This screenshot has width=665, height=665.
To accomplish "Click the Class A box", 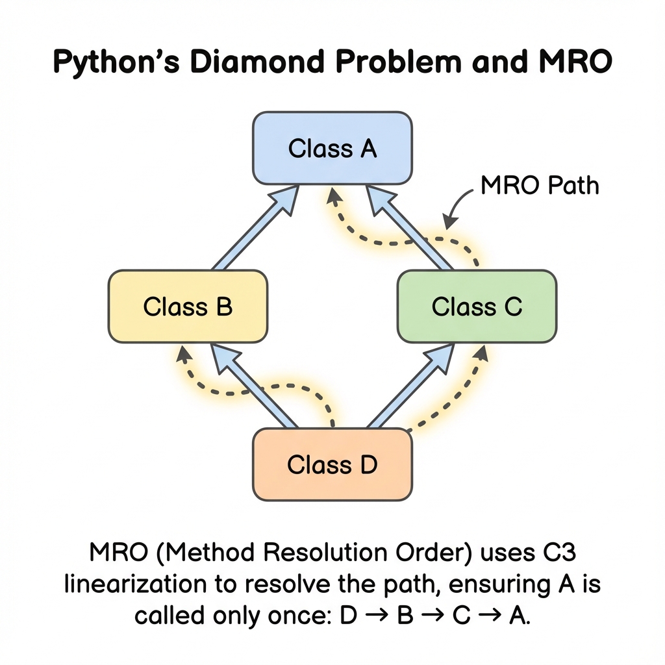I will pyautogui.click(x=332, y=148).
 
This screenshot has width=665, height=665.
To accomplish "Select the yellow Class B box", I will pyautogui.click(x=188, y=306).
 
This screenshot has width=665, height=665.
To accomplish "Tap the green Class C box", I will pyautogui.click(x=477, y=306).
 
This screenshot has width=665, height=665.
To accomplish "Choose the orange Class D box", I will pyautogui.click(x=332, y=465).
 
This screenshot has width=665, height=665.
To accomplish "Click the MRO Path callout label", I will pyautogui.click(x=540, y=186).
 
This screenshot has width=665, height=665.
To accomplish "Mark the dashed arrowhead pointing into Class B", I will pyautogui.click(x=183, y=354).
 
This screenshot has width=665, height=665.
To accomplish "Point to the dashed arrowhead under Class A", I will pyautogui.click(x=332, y=194).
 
